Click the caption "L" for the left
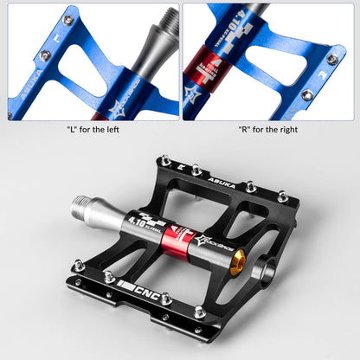point(93,130)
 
